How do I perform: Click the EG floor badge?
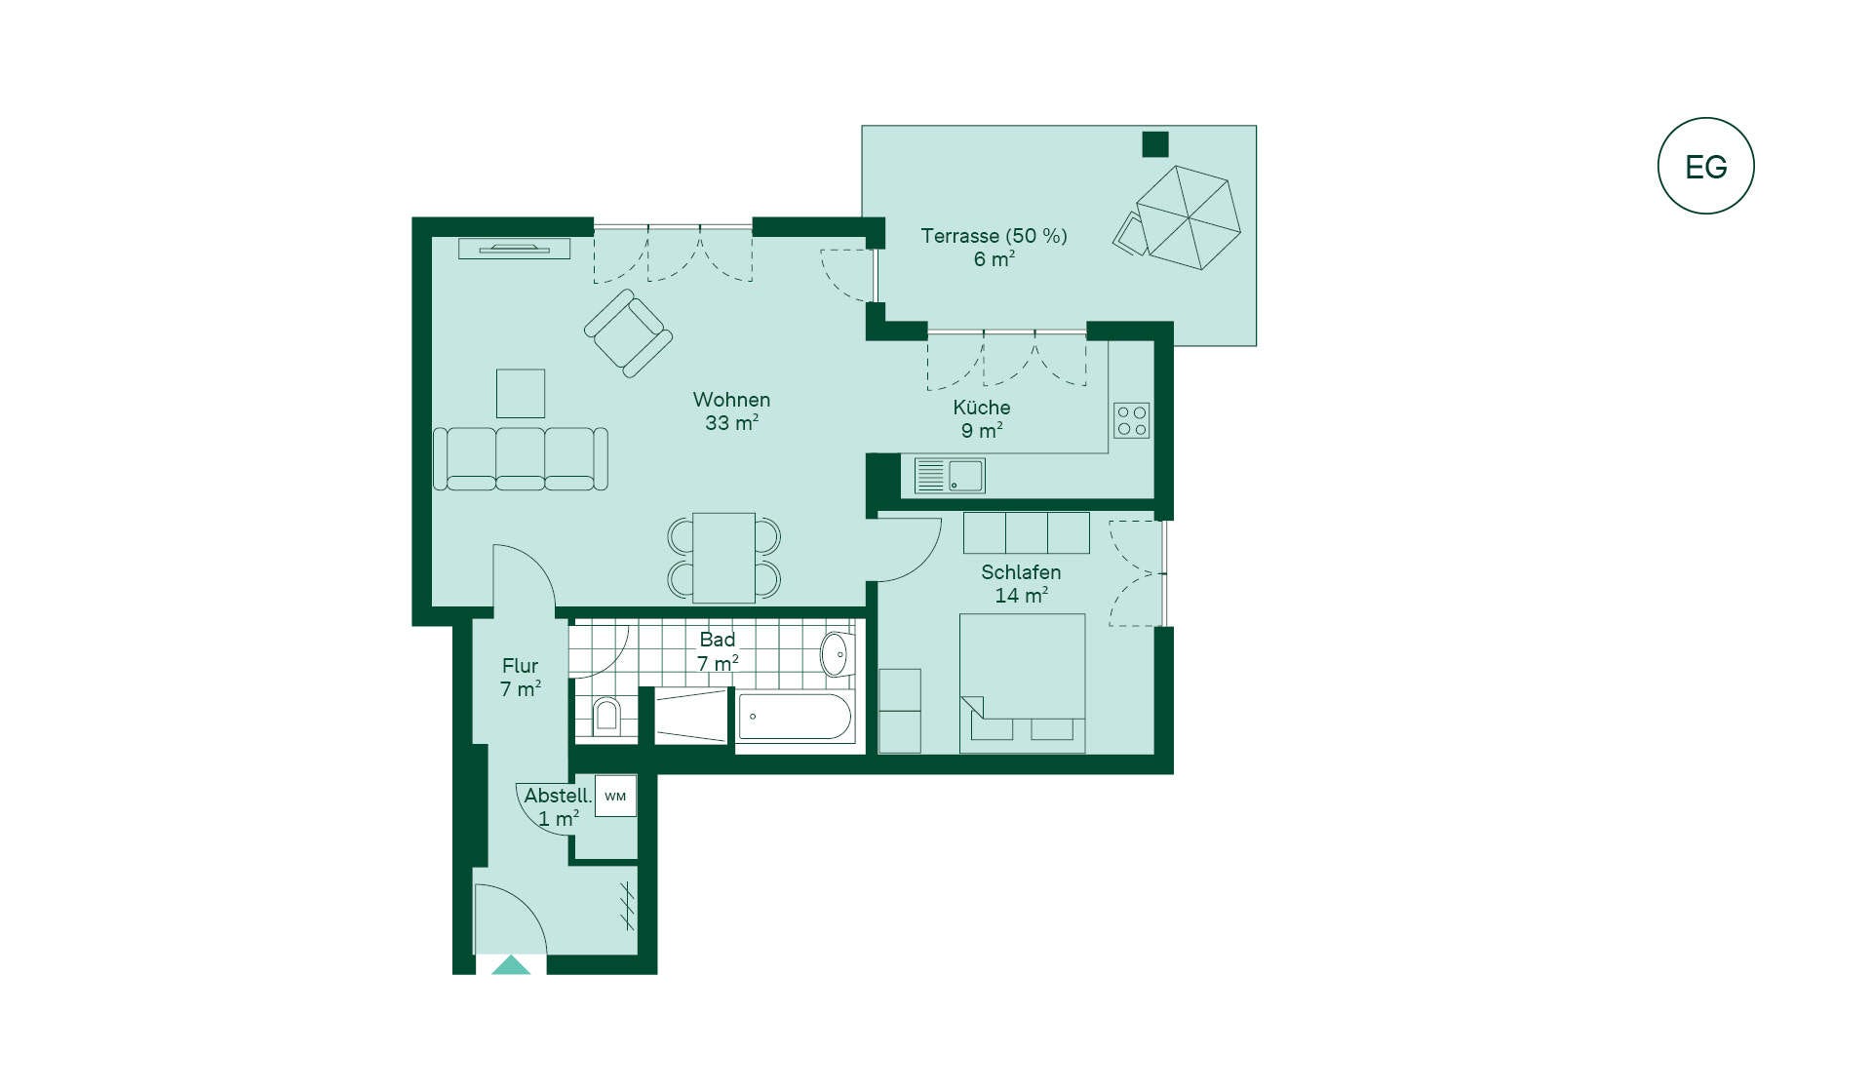click(x=1705, y=166)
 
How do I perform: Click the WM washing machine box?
click(x=615, y=796)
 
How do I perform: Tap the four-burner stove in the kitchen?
click(x=1132, y=420)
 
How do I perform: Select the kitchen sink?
click(x=950, y=476)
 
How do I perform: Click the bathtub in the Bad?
click(x=795, y=718)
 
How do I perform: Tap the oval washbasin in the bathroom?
click(x=836, y=654)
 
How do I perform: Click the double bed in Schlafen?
click(x=1022, y=682)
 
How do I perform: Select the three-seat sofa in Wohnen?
click(x=521, y=458)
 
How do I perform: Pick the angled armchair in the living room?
click(x=628, y=332)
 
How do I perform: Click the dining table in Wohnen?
click(x=723, y=558)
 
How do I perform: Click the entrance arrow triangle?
click(x=511, y=965)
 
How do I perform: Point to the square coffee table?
click(x=521, y=394)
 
